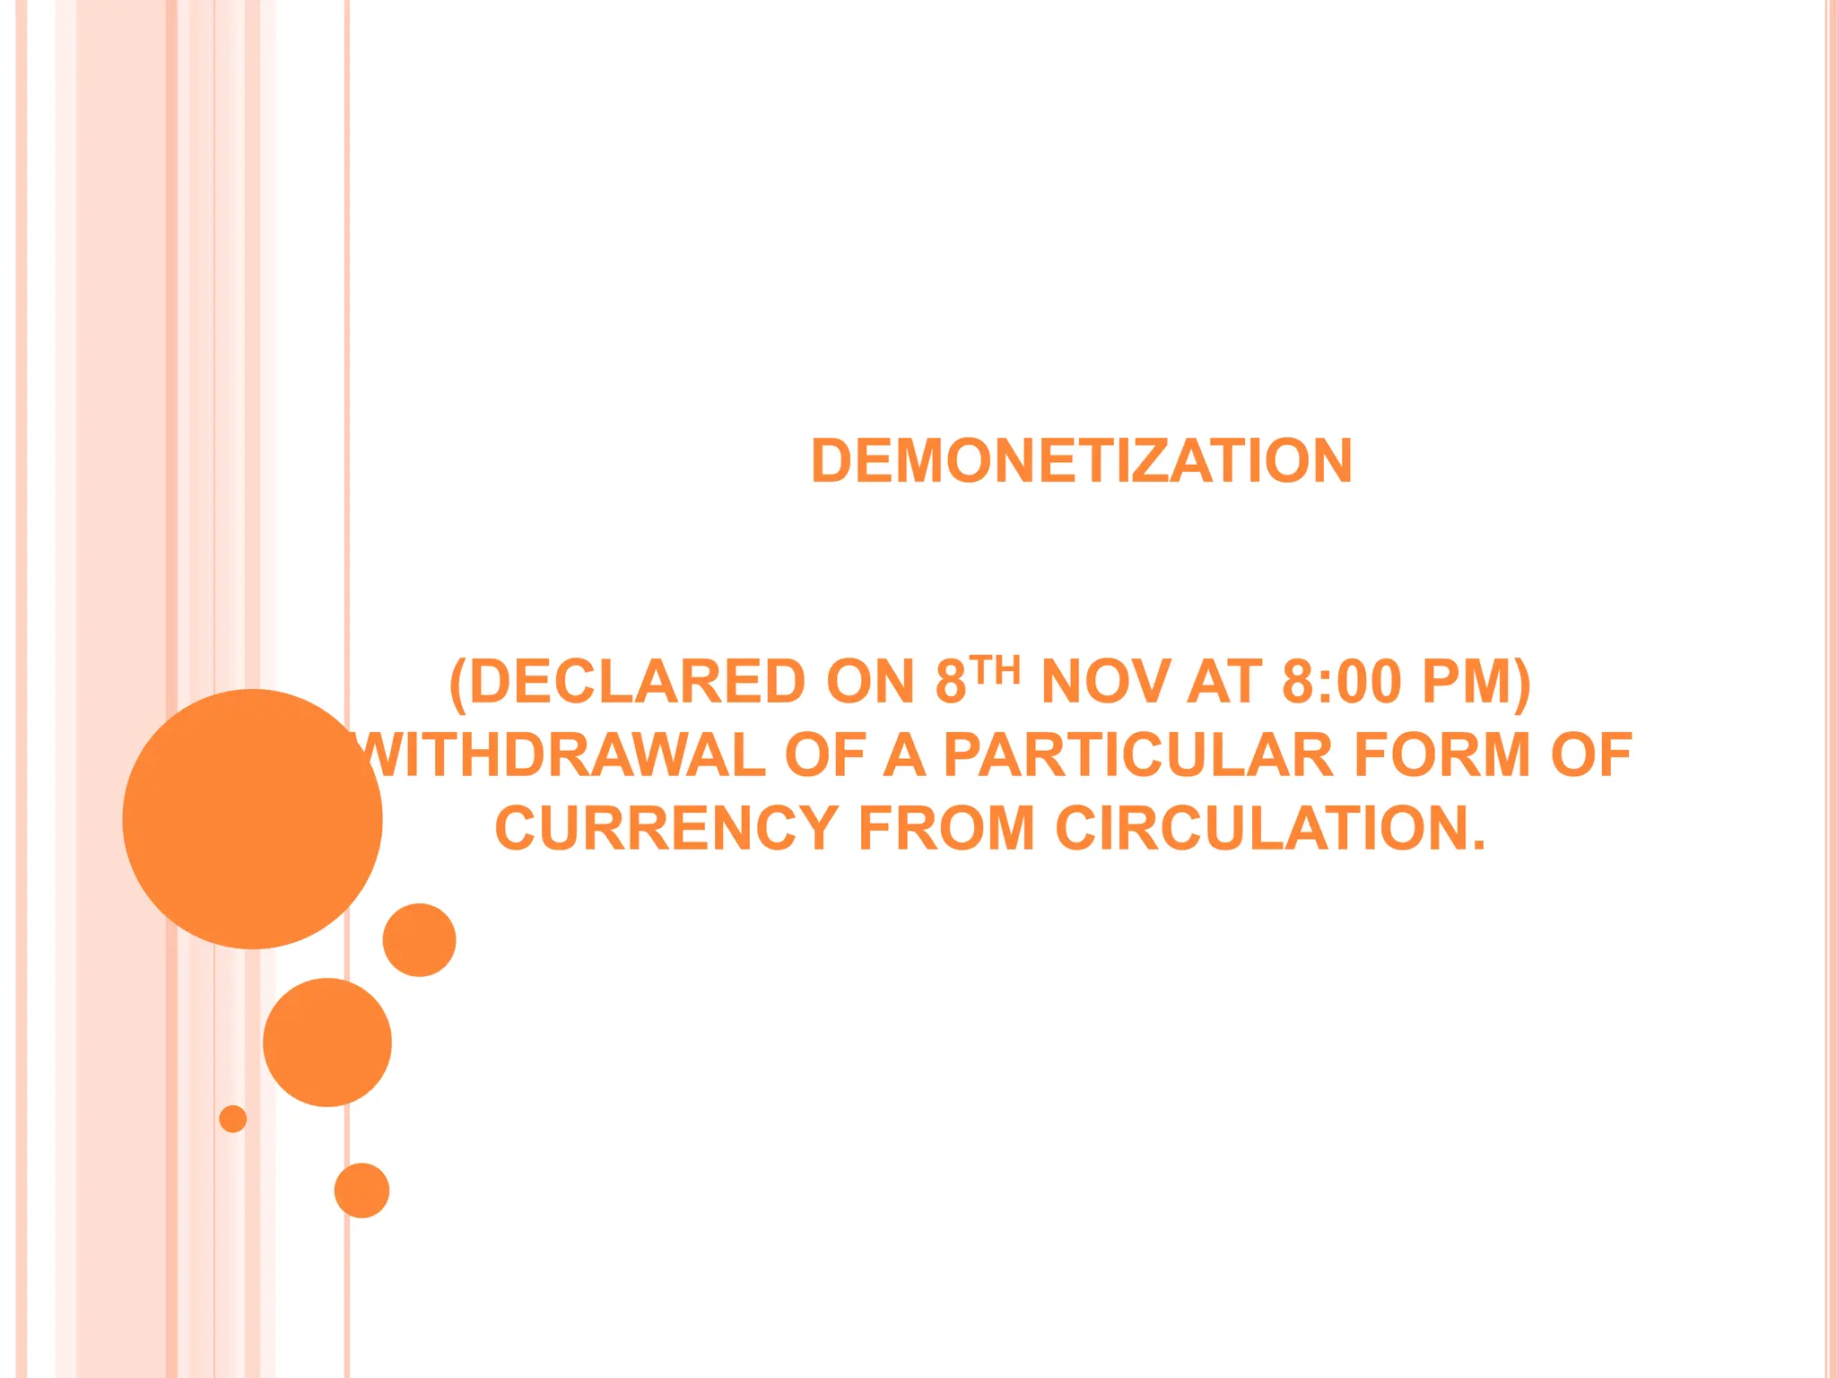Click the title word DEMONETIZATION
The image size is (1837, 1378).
click(1081, 461)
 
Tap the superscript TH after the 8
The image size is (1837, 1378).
click(995, 669)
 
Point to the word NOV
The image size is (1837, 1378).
click(1105, 682)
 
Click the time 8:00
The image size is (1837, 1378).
click(1341, 682)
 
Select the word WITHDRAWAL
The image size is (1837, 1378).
click(561, 754)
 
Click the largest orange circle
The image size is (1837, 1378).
click(252, 818)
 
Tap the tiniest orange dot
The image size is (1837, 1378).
click(233, 1119)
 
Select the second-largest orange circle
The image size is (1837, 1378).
click(327, 1042)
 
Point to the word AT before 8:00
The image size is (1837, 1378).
click(1224, 682)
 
